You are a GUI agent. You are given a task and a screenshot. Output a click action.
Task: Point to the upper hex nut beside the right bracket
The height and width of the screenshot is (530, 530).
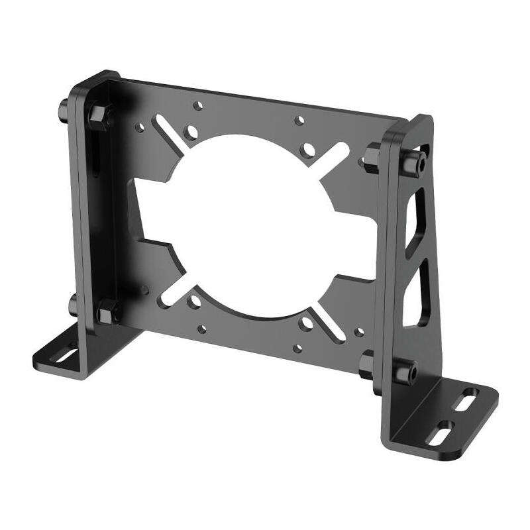click(x=373, y=158)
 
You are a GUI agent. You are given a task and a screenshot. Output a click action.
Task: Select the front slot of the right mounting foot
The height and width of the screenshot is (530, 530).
click(x=441, y=433)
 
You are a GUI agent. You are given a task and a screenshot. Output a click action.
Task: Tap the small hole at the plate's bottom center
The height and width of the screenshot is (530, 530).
click(x=297, y=347)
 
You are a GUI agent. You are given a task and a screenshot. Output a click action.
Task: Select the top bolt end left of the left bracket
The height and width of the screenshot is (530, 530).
click(x=62, y=106)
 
